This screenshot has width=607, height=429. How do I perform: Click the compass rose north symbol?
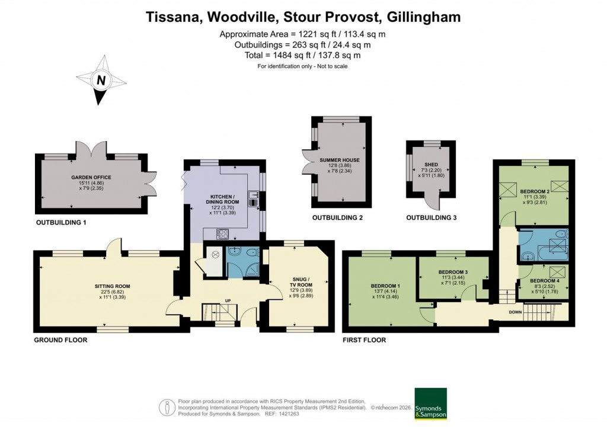pos(101,80)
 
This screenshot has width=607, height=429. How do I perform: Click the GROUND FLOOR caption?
pos(60,340)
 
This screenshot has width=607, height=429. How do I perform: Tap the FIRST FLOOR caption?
pos(364,340)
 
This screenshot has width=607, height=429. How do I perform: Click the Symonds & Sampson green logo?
pos(430,404)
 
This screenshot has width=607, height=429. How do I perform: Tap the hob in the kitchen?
pos(223,233)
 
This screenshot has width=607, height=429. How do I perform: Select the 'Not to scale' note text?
pos(302,66)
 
